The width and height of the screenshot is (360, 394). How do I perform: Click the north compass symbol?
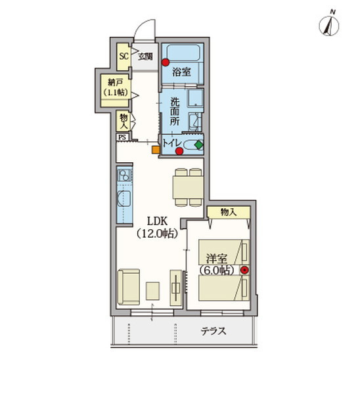point(329,26)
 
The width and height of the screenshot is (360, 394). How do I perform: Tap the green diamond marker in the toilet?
point(199,144)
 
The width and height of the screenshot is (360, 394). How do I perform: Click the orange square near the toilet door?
point(156,150)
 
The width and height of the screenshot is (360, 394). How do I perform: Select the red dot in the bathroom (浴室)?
point(166,62)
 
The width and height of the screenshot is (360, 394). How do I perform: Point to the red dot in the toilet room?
point(179,151)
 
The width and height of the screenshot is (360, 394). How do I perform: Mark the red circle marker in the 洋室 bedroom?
point(244,270)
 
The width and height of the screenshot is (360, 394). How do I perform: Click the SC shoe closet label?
point(124,56)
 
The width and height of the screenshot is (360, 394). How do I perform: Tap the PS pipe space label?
point(122,137)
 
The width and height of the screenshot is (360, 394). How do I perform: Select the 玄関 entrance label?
point(145,56)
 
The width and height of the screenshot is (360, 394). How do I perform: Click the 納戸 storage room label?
point(115,82)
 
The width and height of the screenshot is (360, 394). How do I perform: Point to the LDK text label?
point(157,221)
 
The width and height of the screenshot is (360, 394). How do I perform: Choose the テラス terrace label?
point(214,331)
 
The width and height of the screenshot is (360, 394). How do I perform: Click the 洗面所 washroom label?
point(175,112)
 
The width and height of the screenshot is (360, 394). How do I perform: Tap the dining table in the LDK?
point(188,187)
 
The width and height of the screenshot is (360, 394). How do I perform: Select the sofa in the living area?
point(129,287)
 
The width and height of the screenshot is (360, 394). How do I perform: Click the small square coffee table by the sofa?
point(152,291)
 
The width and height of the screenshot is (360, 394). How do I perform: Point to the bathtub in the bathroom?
point(183,53)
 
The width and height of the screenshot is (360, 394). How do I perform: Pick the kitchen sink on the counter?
point(124,199)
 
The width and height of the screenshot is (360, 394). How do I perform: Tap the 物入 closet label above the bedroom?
point(229,212)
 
